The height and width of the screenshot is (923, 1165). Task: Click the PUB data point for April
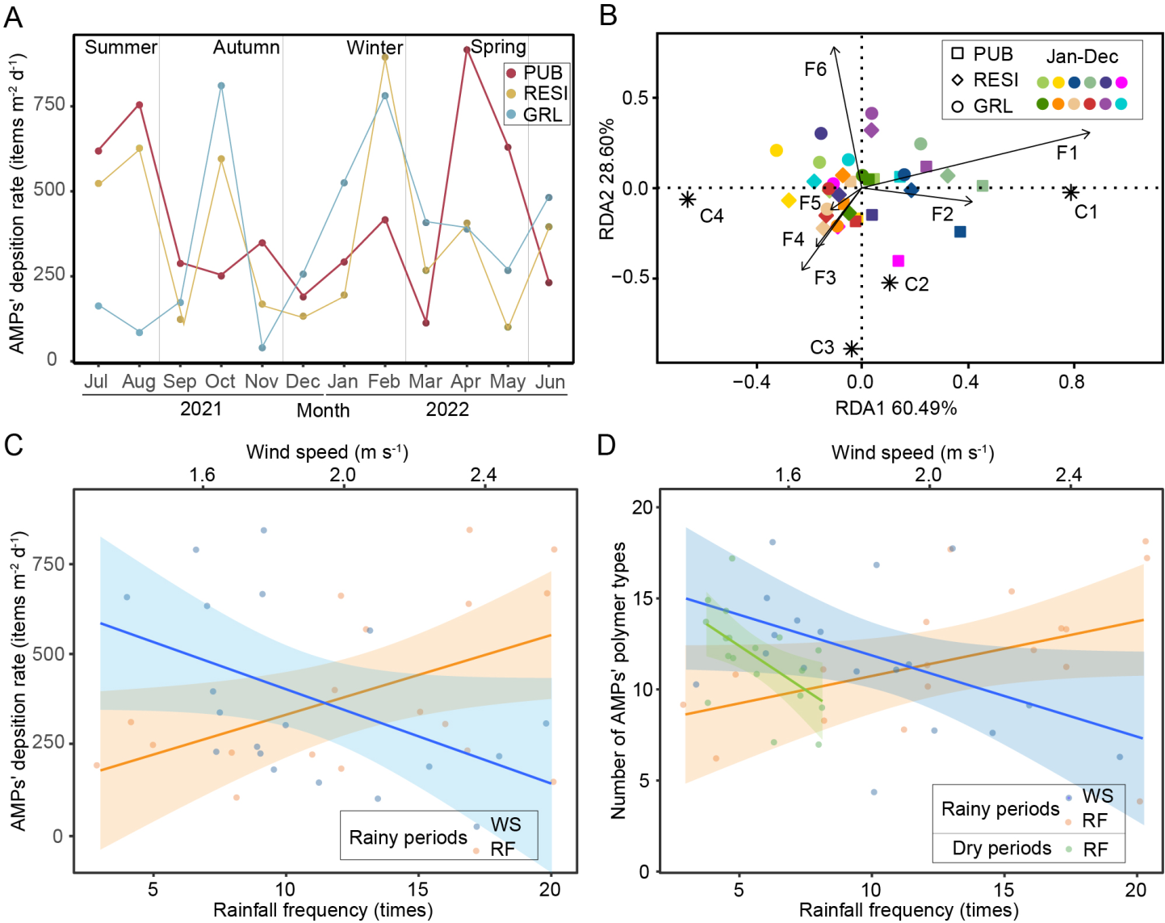pyautogui.click(x=467, y=50)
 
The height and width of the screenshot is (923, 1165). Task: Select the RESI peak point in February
pyautogui.click(x=385, y=57)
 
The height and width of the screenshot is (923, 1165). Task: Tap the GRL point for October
pyautogui.click(x=221, y=86)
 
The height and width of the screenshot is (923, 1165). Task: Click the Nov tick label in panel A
pyautogui.click(x=261, y=381)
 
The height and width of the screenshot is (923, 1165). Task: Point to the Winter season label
pyautogui.click(x=375, y=48)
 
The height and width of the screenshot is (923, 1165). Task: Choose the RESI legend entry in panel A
pyautogui.click(x=545, y=94)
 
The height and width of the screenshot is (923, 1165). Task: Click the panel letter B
pyautogui.click(x=608, y=15)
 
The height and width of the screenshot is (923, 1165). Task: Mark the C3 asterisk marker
pyautogui.click(x=851, y=348)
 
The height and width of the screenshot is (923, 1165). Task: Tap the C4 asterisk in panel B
pyautogui.click(x=687, y=199)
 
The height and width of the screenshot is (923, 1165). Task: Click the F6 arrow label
pyautogui.click(x=815, y=69)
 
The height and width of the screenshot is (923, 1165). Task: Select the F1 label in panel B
pyautogui.click(x=1067, y=153)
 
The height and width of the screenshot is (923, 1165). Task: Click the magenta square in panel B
pyautogui.click(x=898, y=261)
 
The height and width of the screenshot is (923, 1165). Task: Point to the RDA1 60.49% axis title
pyautogui.click(x=895, y=408)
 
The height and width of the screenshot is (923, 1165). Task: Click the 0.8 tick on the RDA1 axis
pyautogui.click(x=1071, y=381)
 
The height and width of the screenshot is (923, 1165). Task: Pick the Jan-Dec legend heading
pyautogui.click(x=1082, y=57)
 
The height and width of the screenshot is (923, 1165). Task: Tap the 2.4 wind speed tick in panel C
pyautogui.click(x=483, y=475)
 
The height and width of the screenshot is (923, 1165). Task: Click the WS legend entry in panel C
pyautogui.click(x=505, y=824)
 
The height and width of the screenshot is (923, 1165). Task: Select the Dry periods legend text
pyautogui.click(x=1002, y=848)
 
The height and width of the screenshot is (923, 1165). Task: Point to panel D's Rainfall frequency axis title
pyautogui.click(x=908, y=910)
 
